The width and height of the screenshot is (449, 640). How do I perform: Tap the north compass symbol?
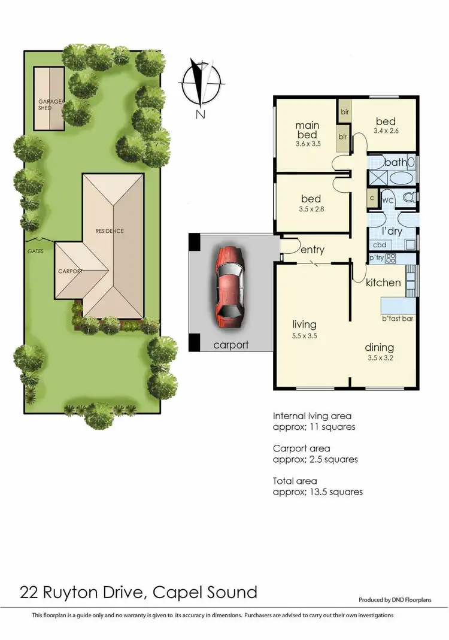201,87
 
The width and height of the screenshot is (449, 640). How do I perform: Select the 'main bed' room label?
308,131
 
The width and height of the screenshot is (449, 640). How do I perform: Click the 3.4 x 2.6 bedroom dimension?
386,131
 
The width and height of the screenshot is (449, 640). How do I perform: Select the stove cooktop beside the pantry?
391,259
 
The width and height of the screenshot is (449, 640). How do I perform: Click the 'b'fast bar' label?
398,319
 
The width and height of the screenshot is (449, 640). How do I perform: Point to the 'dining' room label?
380,347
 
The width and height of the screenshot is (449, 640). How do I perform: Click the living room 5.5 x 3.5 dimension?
301,336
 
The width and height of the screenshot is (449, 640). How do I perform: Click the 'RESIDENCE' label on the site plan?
110,231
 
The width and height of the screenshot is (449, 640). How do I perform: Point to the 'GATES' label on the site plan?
35,251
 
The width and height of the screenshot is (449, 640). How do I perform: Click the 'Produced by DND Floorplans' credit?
395,599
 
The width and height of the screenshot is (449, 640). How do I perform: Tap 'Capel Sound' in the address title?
205,592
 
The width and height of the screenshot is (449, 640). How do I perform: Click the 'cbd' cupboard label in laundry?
379,245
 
